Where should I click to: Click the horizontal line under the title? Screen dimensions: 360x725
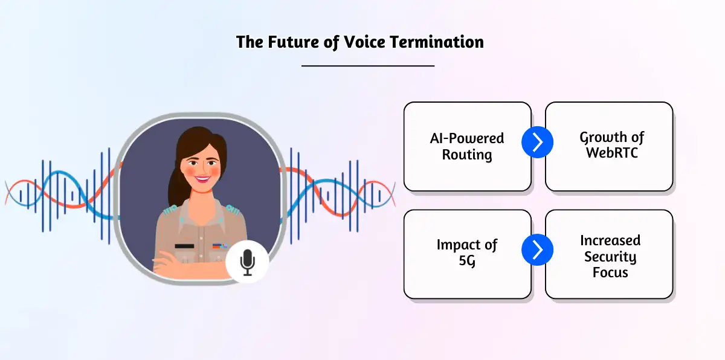pyautogui.click(x=367, y=65)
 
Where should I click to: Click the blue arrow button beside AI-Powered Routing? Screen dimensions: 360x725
pyautogui.click(x=537, y=143)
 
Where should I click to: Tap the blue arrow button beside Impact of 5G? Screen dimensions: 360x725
pyautogui.click(x=537, y=249)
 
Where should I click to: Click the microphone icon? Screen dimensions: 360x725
pyautogui.click(x=247, y=262)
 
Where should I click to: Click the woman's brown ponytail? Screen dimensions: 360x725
pyautogui.click(x=176, y=181)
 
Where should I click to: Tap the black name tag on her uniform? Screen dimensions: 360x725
pyautogui.click(x=184, y=246)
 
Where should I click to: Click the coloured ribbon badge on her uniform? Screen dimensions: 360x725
pyautogui.click(x=219, y=246)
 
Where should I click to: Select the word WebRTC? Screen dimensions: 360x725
pyautogui.click(x=611, y=153)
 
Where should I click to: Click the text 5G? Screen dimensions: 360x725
pyautogui.click(x=467, y=262)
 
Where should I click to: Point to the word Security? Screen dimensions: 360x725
pyautogui.click(x=609, y=257)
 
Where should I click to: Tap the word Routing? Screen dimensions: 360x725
pyautogui.click(x=467, y=155)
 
